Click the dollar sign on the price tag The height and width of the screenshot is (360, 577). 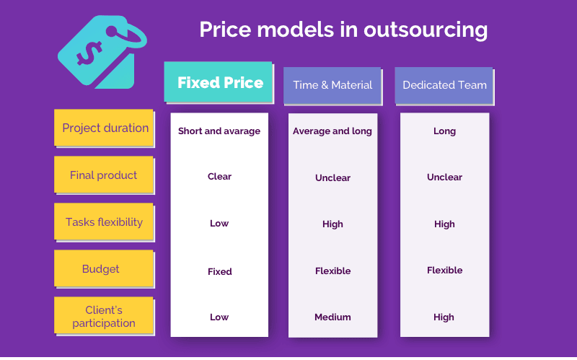[x=89, y=53]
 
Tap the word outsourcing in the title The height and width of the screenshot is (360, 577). [x=426, y=30]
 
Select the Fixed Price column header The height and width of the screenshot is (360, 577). [x=219, y=82]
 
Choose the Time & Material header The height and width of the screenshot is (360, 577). [x=332, y=85]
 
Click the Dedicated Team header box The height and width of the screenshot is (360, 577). [x=444, y=85]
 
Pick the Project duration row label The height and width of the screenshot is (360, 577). [x=104, y=128]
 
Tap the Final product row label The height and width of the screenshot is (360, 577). [x=104, y=175]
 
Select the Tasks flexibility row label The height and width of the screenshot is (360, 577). [x=104, y=221]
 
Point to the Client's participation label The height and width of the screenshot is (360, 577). [x=104, y=315]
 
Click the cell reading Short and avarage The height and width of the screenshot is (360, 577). [x=219, y=131]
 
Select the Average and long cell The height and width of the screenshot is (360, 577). [x=332, y=131]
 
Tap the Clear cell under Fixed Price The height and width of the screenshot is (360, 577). [x=220, y=176]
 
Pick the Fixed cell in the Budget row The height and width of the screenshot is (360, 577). [x=220, y=272]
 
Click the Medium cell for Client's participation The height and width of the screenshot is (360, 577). [x=332, y=317]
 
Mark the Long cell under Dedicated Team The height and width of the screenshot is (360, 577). [x=444, y=131]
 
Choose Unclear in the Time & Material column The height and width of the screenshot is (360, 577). [x=332, y=177]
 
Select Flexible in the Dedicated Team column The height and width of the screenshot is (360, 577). [x=444, y=271]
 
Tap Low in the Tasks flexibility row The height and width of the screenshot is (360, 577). [x=219, y=224]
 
